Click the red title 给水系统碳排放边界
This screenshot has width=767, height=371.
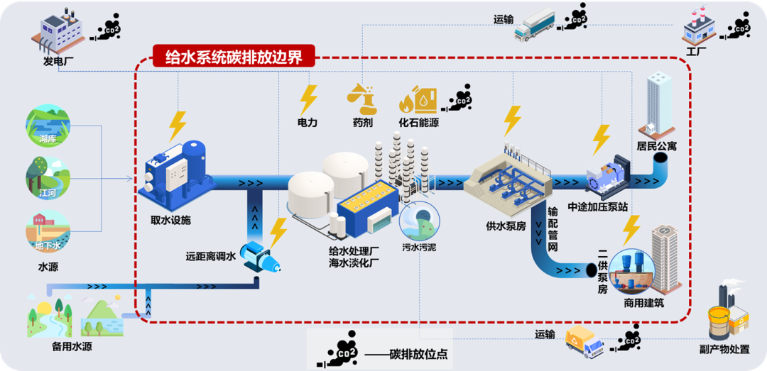click(x=234, y=57)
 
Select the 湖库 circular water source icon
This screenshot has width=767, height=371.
click(x=48, y=126)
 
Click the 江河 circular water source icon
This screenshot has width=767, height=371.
click(x=48, y=178)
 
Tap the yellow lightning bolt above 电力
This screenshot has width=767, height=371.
click(x=308, y=99)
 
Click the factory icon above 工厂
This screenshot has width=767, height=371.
click(x=697, y=28)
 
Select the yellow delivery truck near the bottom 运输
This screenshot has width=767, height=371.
click(x=583, y=341)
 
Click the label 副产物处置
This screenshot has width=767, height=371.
click(x=724, y=348)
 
